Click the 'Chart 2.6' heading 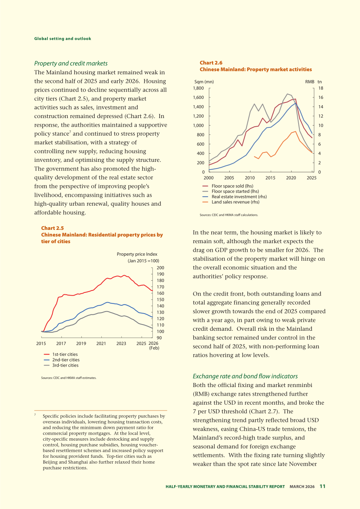[211, 63]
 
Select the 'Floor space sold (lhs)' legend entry [228, 186]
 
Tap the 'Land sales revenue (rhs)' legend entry [230, 202]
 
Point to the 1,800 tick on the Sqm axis [198, 88]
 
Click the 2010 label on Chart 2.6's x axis [250, 178]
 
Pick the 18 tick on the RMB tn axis [320, 88]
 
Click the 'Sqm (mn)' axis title [204, 82]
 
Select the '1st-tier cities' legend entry [61, 354]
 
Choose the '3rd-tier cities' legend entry [61, 365]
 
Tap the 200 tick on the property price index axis [160, 268]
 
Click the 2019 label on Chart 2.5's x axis [81, 343]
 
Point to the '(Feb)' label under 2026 [154, 348]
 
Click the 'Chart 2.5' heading [52, 228]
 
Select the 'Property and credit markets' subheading [71, 63]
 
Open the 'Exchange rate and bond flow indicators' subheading [245, 376]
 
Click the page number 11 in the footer [322, 486]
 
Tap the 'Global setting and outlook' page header [63, 39]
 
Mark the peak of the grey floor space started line [288, 94]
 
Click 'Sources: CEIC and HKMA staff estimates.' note [69, 378]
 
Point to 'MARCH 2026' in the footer [302, 486]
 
